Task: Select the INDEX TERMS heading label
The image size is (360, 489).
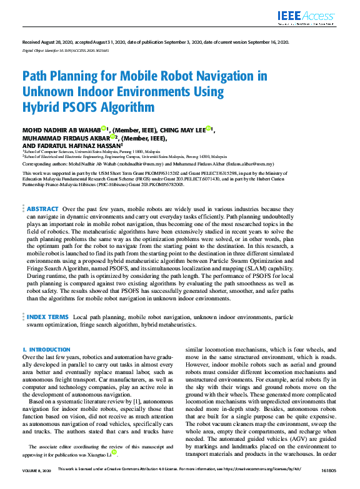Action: pyautogui.click(x=47, y=317)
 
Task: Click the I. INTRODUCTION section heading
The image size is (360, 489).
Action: pyautogui.click(x=42, y=350)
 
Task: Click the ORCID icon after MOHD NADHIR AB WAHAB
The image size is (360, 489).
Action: pyautogui.click(x=104, y=129)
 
